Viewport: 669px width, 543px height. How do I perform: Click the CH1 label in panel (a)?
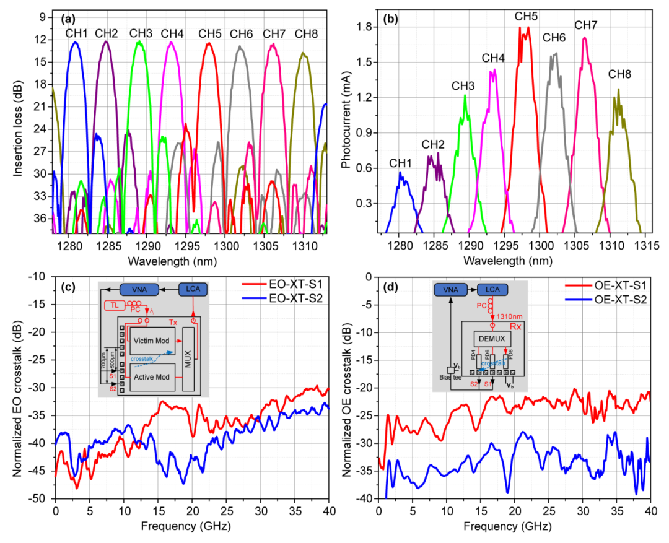point(77,33)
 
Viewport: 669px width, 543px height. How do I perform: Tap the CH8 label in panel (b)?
point(619,74)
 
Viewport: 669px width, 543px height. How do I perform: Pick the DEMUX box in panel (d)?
point(492,338)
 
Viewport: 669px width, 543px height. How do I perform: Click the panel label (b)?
point(374,18)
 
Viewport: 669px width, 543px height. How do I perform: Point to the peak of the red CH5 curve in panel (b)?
point(528,27)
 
